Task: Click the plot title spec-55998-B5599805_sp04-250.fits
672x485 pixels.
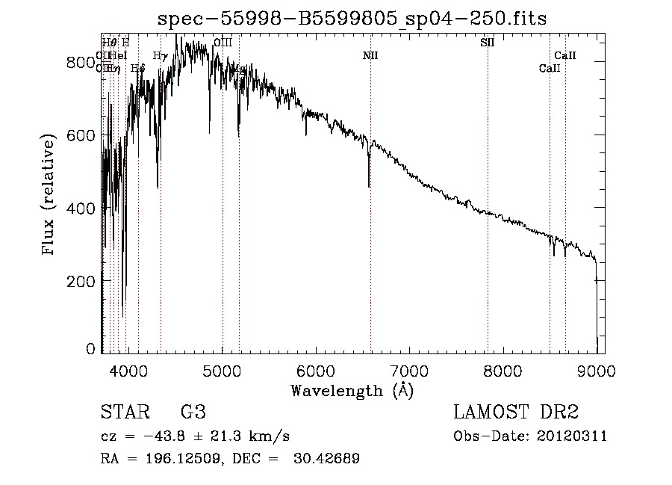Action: coord(352,19)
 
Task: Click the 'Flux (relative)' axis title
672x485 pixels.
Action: coord(49,196)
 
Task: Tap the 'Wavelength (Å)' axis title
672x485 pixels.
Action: coord(352,389)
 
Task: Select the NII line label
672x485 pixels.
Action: coord(370,55)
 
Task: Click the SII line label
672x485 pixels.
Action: coord(487,43)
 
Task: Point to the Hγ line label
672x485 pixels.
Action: coord(160,55)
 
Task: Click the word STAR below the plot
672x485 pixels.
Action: coord(124,413)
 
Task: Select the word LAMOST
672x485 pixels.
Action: coord(490,413)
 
